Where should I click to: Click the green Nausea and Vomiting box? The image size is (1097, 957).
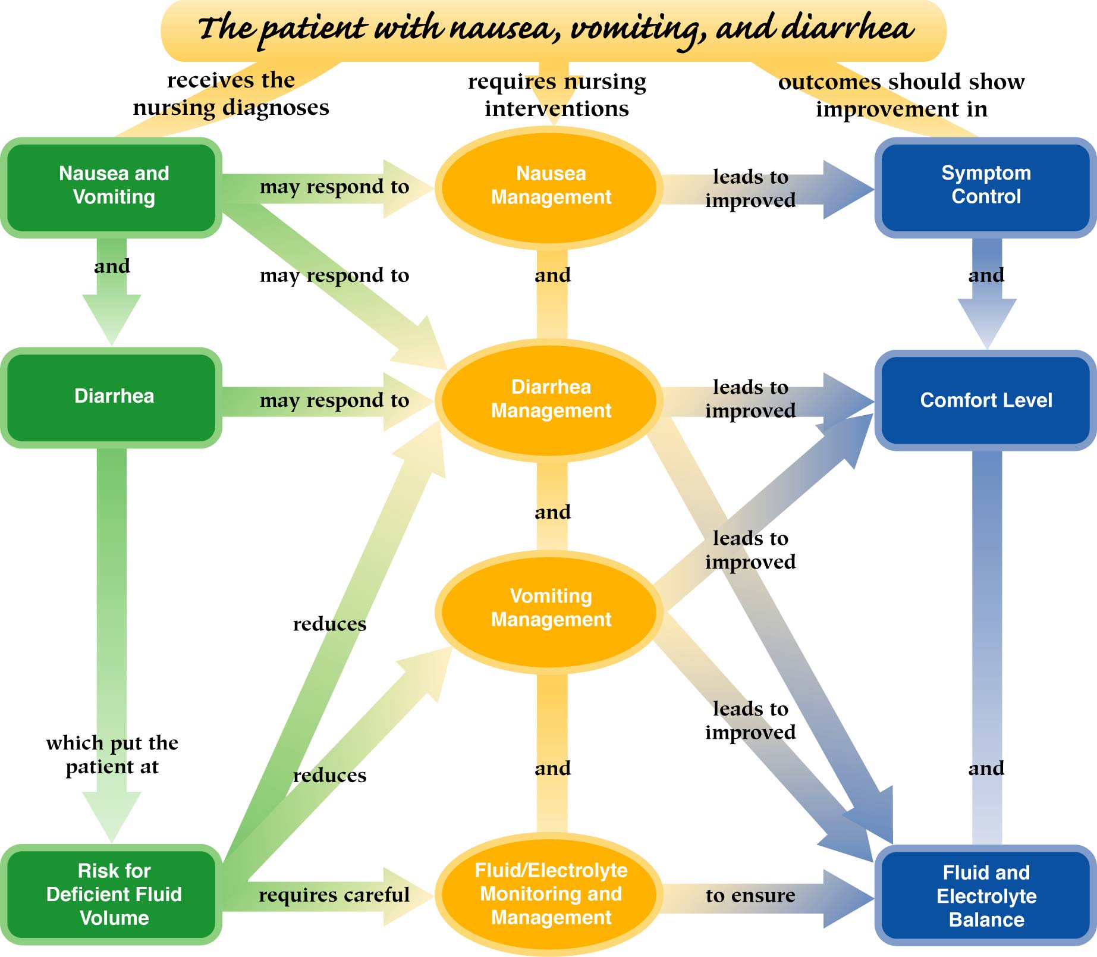coord(113,187)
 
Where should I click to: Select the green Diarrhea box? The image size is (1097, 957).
coord(113,397)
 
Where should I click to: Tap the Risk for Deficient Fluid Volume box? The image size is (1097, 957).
coord(113,894)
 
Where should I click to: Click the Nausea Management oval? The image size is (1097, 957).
coord(551,186)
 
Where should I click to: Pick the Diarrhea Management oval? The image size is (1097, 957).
coord(551,399)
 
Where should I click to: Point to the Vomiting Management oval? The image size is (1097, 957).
coord(551,608)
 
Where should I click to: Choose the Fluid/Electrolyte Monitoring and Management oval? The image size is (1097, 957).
coord(551,894)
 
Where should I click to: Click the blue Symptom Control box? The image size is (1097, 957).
coord(986,186)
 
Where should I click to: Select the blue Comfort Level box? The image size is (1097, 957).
coord(986,400)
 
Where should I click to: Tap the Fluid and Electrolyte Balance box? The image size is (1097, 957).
coord(986,896)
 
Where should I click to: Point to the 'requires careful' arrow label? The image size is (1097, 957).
coord(334,895)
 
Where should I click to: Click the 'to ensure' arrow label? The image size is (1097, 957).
coord(750,895)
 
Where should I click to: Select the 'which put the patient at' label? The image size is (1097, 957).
coord(112,755)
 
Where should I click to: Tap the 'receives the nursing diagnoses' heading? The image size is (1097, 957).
coord(231,94)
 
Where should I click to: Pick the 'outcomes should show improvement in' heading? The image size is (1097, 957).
coord(901,95)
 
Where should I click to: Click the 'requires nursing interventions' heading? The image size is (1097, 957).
coord(557,95)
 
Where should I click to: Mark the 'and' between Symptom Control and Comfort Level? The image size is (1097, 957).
coord(986,275)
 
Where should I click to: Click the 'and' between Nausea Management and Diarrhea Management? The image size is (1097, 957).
coord(552,275)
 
